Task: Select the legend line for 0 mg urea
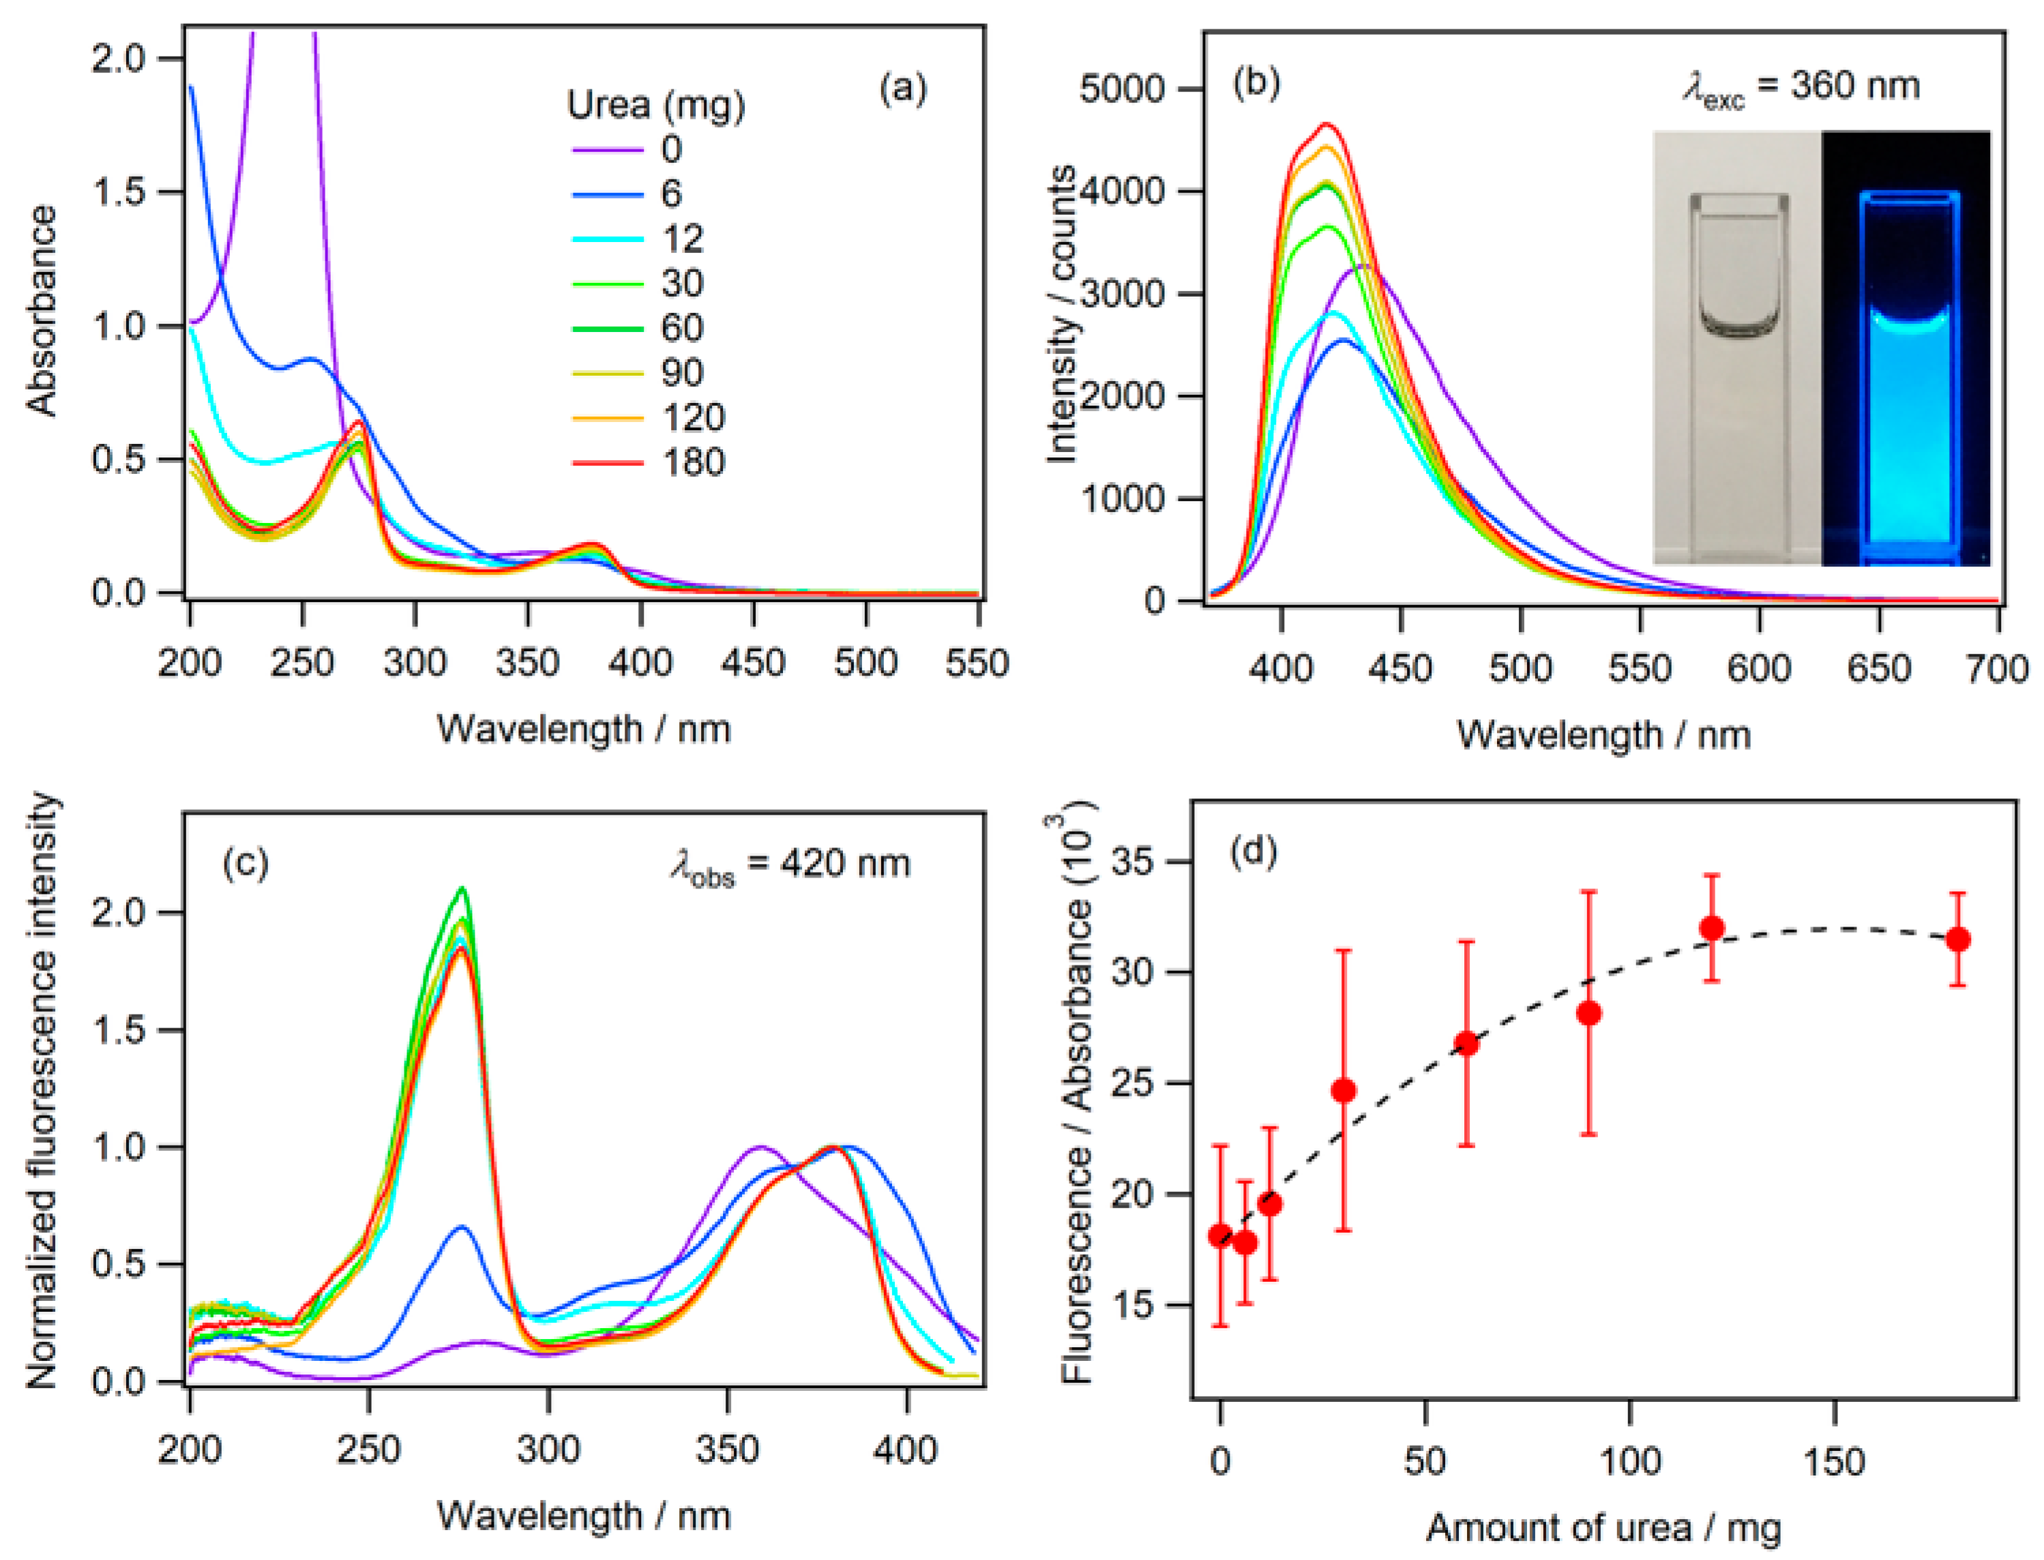606,149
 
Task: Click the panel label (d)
1253,851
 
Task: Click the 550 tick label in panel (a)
977,663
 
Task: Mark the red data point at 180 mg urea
1957,940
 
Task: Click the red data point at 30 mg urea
1343,1090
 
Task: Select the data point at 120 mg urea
1712,929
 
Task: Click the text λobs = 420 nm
790,865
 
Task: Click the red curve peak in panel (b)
1326,123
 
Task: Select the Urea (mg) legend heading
655,105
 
